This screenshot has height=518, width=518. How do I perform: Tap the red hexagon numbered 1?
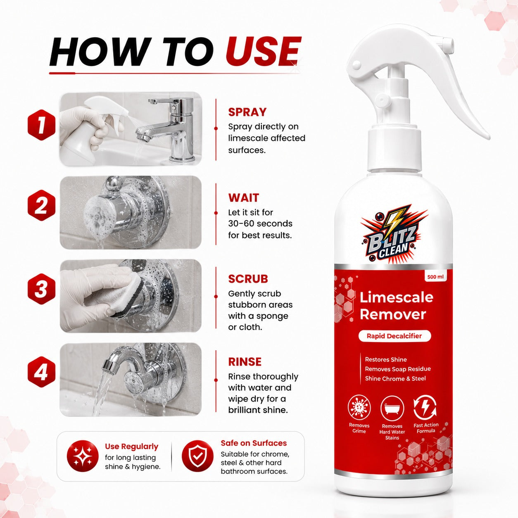(41, 125)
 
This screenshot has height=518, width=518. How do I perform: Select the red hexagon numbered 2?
(41, 205)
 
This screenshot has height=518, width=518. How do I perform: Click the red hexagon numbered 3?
(41, 289)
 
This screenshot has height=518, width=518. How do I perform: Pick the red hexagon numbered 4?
(41, 372)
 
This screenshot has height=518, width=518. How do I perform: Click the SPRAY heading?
(247, 112)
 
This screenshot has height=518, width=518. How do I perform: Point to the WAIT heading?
(244, 198)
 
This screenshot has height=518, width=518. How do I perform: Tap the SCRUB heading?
(248, 279)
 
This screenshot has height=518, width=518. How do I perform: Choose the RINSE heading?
(245, 362)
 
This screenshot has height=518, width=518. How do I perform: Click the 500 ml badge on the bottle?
(435, 277)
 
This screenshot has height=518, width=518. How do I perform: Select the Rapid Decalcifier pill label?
(394, 336)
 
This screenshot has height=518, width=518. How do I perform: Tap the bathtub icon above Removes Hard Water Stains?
(392, 408)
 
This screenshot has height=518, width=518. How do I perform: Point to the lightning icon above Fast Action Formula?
(425, 408)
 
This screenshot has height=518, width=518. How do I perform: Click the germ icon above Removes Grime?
(359, 408)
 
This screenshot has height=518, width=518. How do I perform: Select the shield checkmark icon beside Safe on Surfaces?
(197, 456)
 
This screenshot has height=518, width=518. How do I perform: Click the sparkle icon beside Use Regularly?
(83, 456)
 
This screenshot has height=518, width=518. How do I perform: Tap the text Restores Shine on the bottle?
(386, 359)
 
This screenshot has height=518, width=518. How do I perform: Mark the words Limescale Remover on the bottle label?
(396, 306)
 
